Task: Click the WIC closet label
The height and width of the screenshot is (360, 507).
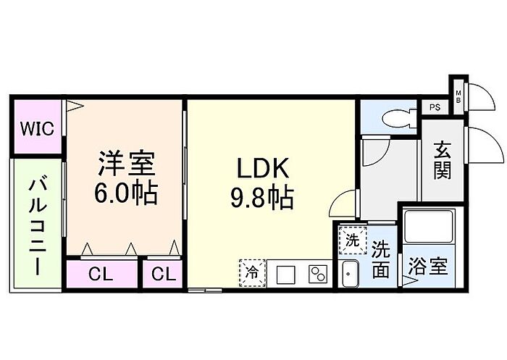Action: (37, 128)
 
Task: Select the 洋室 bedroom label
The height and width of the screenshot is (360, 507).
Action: (127, 164)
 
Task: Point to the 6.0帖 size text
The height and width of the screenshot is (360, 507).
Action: (126, 193)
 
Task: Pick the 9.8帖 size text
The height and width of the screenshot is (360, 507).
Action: (262, 197)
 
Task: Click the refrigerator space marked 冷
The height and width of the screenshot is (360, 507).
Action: (253, 273)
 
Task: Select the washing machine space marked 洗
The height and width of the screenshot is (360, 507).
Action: (353, 240)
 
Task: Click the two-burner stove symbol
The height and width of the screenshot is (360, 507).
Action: (318, 275)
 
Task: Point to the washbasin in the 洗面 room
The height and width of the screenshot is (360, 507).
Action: (350, 274)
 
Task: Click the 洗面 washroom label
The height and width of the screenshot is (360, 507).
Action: (380, 260)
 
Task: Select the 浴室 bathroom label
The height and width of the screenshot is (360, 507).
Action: (429, 266)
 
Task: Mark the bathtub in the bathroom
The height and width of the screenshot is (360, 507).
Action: (429, 227)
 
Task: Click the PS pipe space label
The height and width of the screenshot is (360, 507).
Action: (435, 107)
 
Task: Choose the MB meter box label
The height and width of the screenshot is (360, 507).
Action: (458, 97)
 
